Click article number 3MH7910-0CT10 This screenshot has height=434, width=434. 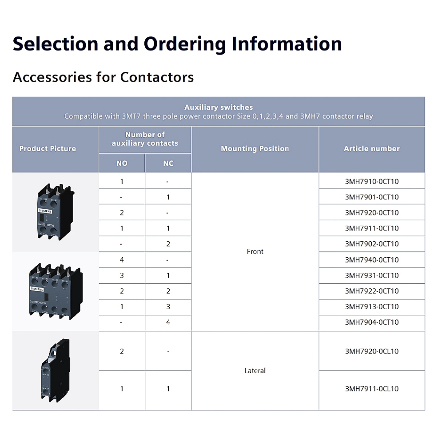pyautogui.click(x=372, y=182)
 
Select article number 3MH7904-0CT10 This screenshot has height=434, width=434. pyautogui.click(x=372, y=322)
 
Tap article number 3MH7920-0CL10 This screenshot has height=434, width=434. pyautogui.click(x=372, y=351)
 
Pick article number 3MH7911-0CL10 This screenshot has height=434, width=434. pyautogui.click(x=372, y=389)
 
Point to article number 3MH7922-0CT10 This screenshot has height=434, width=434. pyautogui.click(x=372, y=291)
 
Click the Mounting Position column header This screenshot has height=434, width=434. pyautogui.click(x=255, y=149)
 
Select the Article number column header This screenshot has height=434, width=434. pyautogui.click(x=372, y=149)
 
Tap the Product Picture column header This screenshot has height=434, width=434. pyautogui.click(x=48, y=149)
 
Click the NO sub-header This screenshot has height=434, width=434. pyautogui.click(x=122, y=163)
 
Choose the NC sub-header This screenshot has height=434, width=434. pyautogui.click(x=168, y=163)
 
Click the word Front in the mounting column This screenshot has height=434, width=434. pyautogui.click(x=255, y=251)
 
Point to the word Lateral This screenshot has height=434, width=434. pyautogui.click(x=255, y=370)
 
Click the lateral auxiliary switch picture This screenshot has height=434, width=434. pyautogui.click(x=56, y=370)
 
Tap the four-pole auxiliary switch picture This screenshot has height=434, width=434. pyautogui.click(x=56, y=291)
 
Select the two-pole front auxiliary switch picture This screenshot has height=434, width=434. pyautogui.click(x=56, y=212)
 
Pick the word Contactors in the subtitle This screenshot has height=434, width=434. pyautogui.click(x=157, y=77)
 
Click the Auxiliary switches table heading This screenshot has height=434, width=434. pyautogui.click(x=219, y=107)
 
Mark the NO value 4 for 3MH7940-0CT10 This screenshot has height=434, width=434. pyautogui.click(x=122, y=259)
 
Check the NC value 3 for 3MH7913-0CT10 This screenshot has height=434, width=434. pyautogui.click(x=168, y=307)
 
